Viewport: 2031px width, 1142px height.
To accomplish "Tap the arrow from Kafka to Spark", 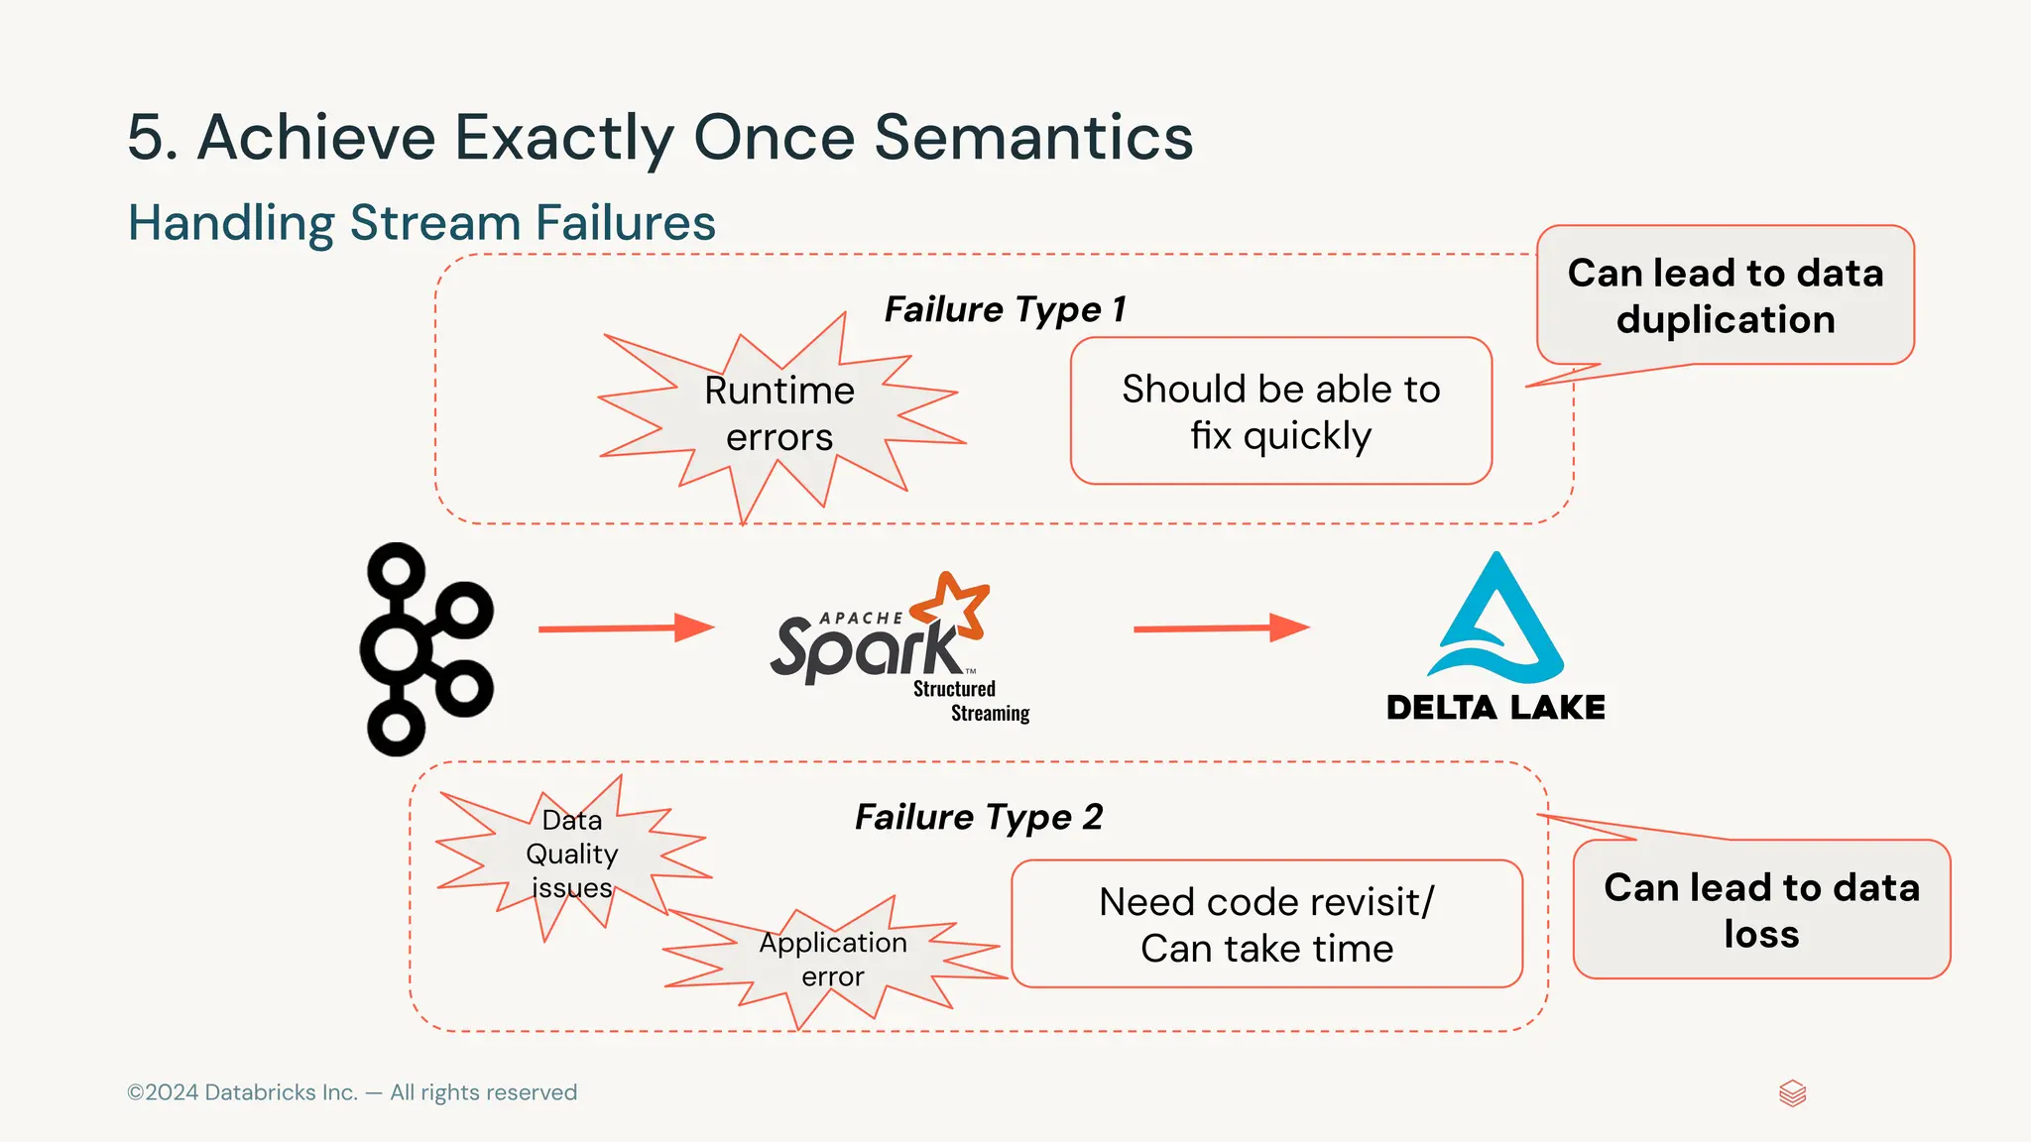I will coord(625,628).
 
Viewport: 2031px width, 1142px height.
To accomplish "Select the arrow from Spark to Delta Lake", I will coord(1220,628).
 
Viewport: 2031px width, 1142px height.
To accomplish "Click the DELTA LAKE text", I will coord(1495,708).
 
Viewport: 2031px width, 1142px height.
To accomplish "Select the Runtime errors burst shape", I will coord(778,414).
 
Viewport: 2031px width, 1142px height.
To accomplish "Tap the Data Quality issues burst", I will coord(572,854).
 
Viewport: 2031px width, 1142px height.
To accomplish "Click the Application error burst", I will coord(833,959).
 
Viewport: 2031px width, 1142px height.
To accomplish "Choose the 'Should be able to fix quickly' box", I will coord(1280,411).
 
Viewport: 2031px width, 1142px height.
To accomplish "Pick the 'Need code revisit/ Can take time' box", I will coord(1266,924).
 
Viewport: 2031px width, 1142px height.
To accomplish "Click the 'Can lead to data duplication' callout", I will coord(1725,295).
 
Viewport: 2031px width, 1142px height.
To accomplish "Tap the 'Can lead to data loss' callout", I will coord(1761,910).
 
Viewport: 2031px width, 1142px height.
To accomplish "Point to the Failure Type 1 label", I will coord(1005,309).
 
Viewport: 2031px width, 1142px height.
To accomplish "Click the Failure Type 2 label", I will coord(979,817).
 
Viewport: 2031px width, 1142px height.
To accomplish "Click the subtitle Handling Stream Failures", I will coord(421,222).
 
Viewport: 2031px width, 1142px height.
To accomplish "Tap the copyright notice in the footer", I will coord(352,1092).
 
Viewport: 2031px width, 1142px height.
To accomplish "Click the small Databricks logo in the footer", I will coord(1792,1093).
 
